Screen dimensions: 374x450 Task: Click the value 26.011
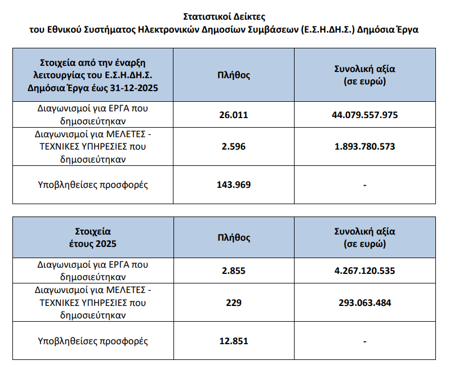point(234,115)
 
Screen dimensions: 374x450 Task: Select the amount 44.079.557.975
point(365,115)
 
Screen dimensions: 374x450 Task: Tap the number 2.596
point(234,147)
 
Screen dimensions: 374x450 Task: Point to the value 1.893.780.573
point(365,147)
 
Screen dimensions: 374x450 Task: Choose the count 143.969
point(234,184)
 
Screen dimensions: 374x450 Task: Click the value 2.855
point(234,271)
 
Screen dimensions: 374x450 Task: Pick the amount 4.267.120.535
point(365,271)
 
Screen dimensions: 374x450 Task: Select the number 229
point(234,303)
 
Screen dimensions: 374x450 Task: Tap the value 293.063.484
point(365,303)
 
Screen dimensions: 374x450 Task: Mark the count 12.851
point(234,341)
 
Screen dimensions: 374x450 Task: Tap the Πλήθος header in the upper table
point(234,75)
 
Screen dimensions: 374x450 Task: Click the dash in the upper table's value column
point(365,185)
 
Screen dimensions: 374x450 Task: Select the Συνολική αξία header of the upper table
point(365,75)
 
